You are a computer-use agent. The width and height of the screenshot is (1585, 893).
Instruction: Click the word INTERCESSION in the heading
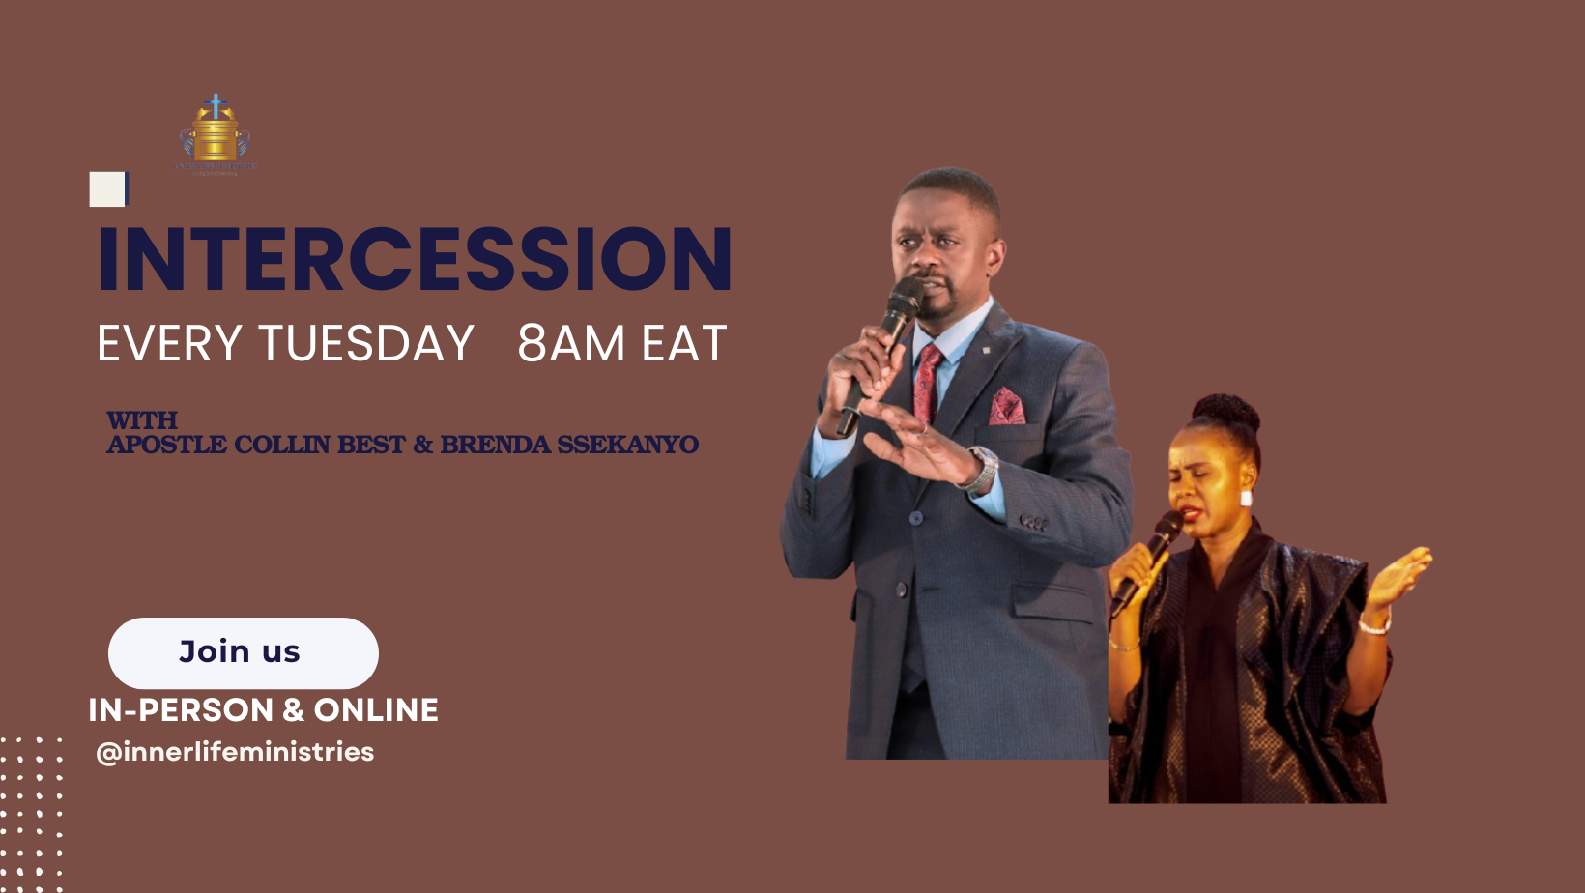tap(415, 259)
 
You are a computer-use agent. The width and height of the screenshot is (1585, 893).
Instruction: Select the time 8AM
tap(570, 344)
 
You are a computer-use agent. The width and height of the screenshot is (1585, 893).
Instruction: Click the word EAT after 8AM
tap(684, 344)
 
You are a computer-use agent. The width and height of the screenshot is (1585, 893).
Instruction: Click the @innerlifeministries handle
tap(235, 752)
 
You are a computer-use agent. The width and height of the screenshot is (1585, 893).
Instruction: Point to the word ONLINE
tap(376, 710)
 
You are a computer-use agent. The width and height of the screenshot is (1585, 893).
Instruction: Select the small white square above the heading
tap(107, 188)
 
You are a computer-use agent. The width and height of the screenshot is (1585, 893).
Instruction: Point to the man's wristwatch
tap(981, 469)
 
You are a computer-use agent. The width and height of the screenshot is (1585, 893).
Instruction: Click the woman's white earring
tap(1246, 499)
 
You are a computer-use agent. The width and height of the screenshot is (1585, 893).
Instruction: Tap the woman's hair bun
tap(1225, 413)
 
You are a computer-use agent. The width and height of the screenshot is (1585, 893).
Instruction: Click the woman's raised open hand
tap(1398, 574)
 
